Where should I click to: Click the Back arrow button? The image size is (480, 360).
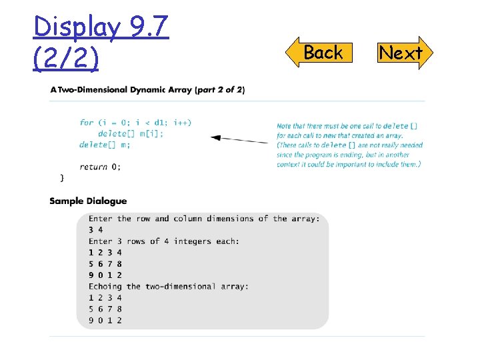[x=322, y=53]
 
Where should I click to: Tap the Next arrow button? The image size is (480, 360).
[x=401, y=53]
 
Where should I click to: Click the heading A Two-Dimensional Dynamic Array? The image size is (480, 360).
[x=147, y=89]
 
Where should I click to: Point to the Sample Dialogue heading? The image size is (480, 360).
[x=88, y=201]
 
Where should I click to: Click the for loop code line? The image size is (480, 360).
[x=135, y=123]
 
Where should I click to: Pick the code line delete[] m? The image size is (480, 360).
[x=105, y=145]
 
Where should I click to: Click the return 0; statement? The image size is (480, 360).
[x=100, y=167]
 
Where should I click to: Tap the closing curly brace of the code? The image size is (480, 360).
[x=62, y=177]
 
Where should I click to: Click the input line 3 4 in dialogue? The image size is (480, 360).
[x=95, y=230]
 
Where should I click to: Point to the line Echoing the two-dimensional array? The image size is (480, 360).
[x=169, y=286]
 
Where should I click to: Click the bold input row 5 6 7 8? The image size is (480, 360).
[x=105, y=263]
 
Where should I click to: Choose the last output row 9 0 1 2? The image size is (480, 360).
[x=105, y=320]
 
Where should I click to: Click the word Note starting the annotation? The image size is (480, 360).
[x=285, y=125]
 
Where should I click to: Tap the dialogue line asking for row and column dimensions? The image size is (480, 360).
[x=204, y=219]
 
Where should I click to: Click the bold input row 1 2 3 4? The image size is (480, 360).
[x=105, y=252]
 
